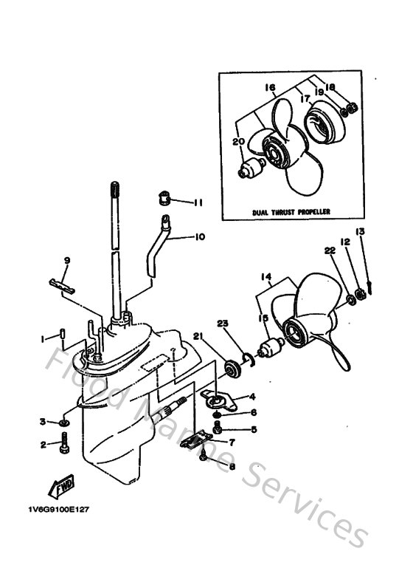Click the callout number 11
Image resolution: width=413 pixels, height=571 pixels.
pos(198,202)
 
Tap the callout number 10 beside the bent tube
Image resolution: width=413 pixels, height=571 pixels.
pos(200,238)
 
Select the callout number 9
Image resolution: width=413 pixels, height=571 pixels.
pos(66,260)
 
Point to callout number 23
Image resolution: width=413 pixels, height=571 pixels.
pos(223,322)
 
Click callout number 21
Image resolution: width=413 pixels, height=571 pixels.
pos(198,336)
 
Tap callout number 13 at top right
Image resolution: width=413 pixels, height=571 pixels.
pos(360,231)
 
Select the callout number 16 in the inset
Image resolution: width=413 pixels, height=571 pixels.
pos(269,87)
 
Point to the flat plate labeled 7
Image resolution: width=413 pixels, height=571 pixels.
pos(194,441)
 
